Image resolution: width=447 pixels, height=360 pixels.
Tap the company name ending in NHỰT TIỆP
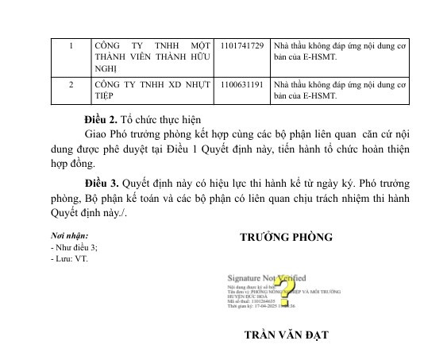pos(152,90)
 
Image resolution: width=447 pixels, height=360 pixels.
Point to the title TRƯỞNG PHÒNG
pos(286,237)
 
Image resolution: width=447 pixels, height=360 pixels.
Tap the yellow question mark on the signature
pos(287,288)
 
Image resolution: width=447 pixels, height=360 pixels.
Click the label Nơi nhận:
pos(68,236)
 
